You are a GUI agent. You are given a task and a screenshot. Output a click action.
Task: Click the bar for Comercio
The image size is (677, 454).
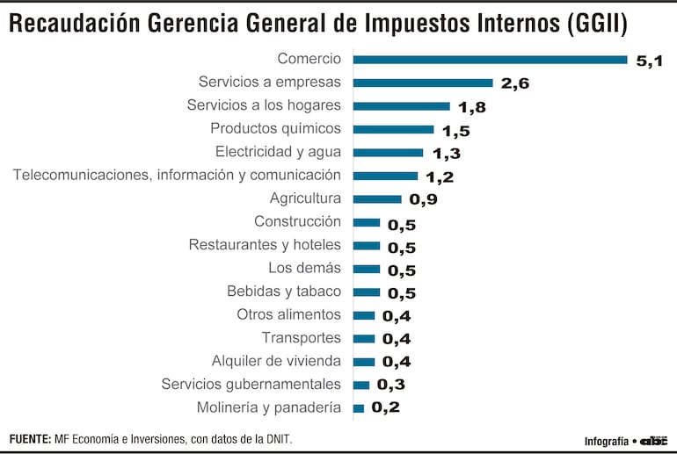coord(490,60)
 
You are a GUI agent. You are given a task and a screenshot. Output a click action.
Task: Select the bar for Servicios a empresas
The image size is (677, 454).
coord(423,83)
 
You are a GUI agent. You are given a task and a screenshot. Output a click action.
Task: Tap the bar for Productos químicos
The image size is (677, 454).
coord(393,129)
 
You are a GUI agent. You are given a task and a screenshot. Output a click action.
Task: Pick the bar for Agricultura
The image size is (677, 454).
coord(377,198)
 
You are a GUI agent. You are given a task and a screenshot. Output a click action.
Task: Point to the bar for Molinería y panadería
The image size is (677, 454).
coord(358,407)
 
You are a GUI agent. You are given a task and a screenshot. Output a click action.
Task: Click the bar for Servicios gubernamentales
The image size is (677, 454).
coord(360,385)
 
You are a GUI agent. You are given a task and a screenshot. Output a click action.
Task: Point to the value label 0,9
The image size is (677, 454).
coord(422,199)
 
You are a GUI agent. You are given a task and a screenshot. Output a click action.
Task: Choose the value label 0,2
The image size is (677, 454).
coord(385,407)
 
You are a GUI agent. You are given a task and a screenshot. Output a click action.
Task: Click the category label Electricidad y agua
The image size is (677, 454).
coord(278,152)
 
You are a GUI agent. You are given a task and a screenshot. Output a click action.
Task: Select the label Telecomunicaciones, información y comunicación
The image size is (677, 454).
coord(177,176)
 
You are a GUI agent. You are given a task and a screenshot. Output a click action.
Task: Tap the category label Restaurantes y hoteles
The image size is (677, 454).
coord(265,245)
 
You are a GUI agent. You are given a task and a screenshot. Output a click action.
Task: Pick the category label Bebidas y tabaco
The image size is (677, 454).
coord(284,292)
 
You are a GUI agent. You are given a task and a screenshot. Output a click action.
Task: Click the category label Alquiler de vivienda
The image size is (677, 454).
coord(276,361)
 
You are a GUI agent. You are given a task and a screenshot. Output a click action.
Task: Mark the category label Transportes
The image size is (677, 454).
coord(301,338)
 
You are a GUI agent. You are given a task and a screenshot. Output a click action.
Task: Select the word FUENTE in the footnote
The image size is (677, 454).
coord(30,438)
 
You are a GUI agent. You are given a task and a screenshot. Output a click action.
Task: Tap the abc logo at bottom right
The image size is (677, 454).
coord(653,440)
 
